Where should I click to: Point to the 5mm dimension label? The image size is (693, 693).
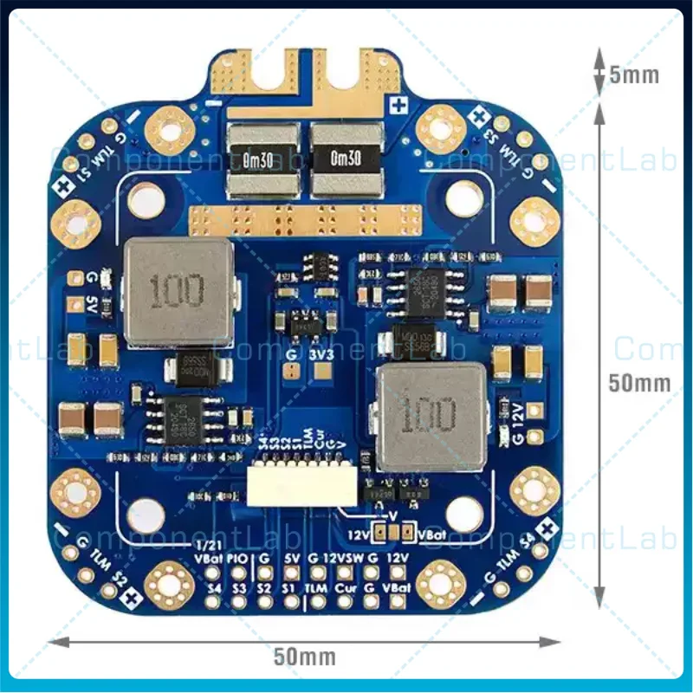point(634,75)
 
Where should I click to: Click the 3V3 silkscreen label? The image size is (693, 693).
point(321,355)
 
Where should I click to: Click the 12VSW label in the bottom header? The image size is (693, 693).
point(344,559)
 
